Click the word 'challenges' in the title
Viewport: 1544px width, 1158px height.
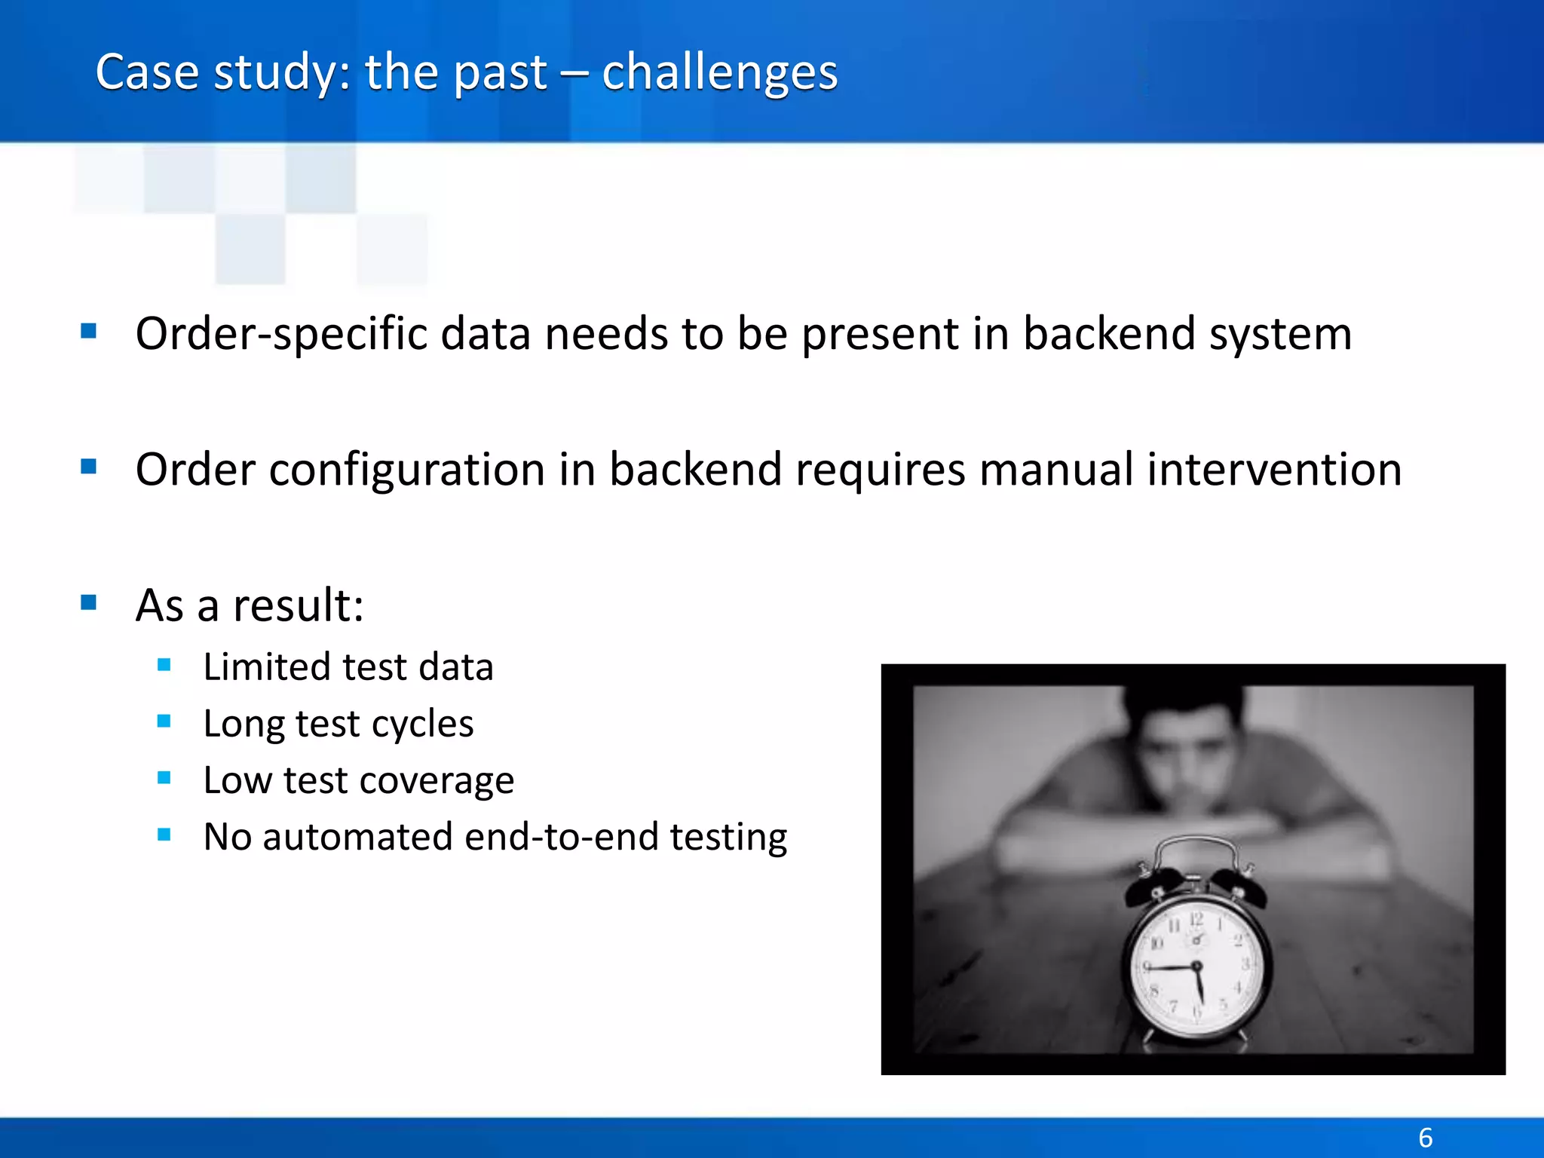[719, 73]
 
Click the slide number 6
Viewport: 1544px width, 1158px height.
[1425, 1137]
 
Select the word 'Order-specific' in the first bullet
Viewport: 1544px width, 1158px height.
[280, 334]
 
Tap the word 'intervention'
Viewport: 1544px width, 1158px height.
[1273, 469]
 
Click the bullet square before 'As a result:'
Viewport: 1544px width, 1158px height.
[89, 602]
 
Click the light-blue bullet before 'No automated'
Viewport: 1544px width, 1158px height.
[164, 835]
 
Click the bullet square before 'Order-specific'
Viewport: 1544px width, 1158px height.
[89, 331]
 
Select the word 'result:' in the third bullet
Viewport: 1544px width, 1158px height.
[299, 605]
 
